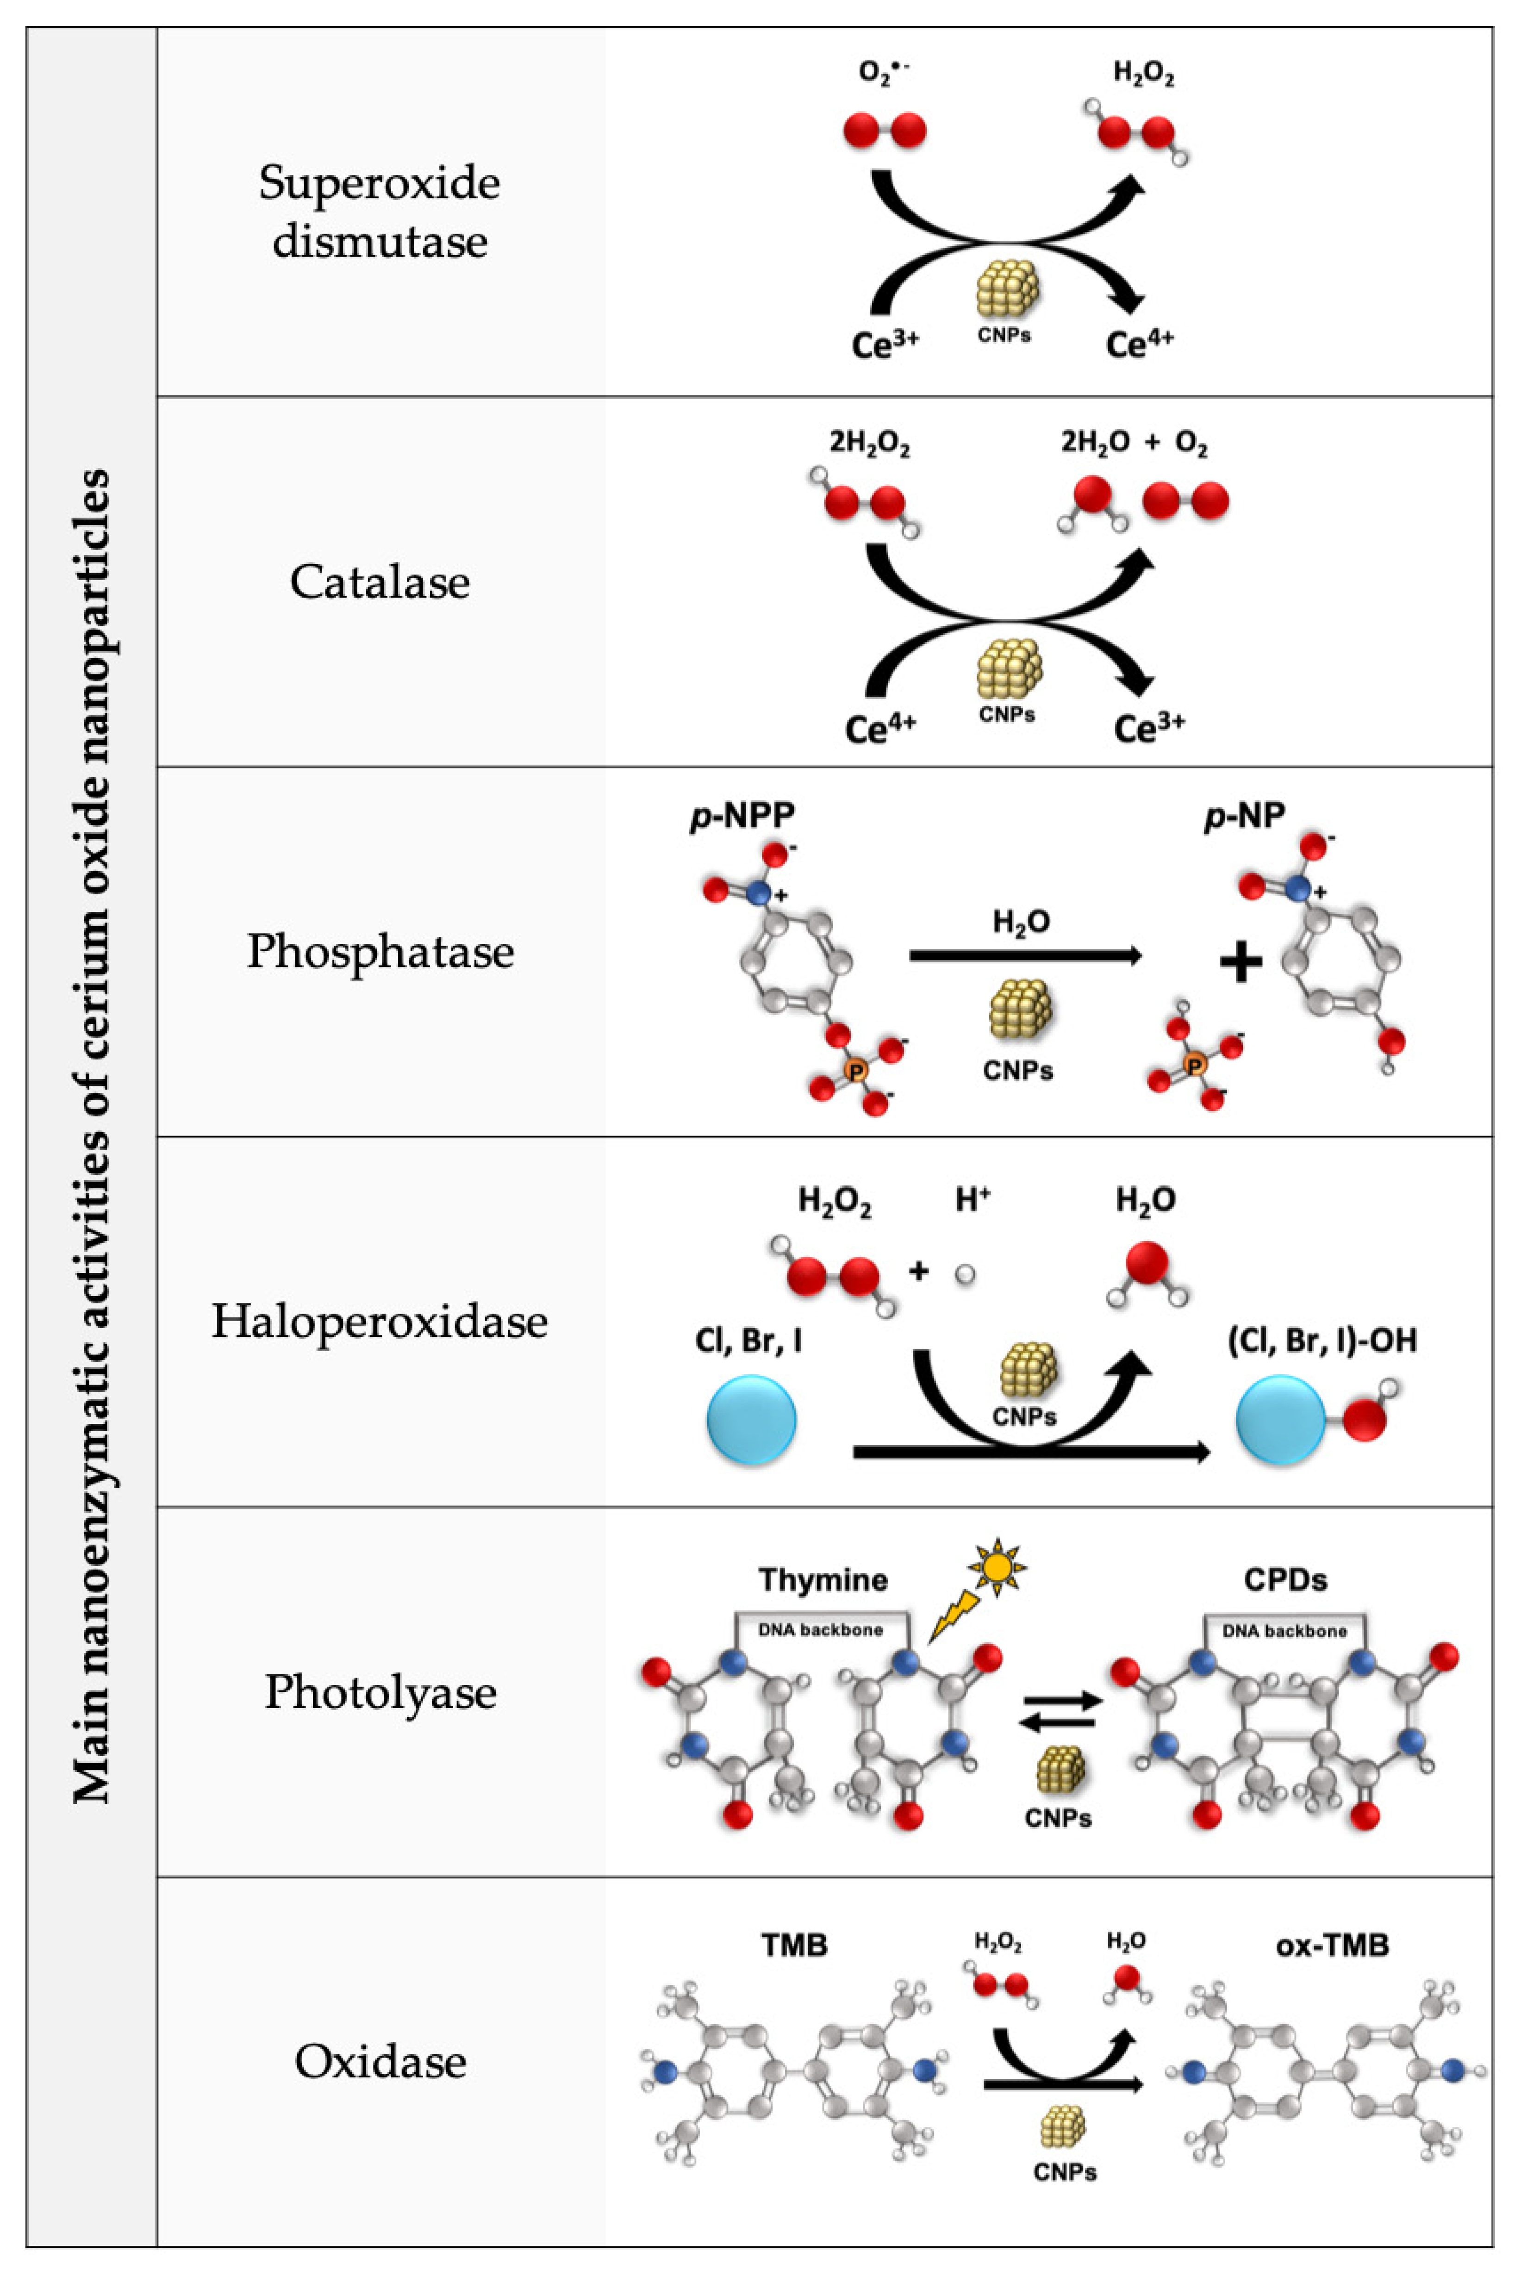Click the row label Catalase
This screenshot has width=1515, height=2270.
[380, 582]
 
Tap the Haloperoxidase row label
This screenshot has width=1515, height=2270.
[380, 1322]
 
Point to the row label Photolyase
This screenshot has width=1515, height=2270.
[380, 1692]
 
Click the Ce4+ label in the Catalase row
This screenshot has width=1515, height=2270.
[879, 727]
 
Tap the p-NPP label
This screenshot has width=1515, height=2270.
[742, 815]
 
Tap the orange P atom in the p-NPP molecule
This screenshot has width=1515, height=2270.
[855, 1070]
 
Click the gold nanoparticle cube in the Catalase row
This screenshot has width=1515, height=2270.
[1008, 669]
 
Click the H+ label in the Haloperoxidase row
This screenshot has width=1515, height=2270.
[972, 1200]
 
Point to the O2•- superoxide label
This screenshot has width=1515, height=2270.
[883, 75]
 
